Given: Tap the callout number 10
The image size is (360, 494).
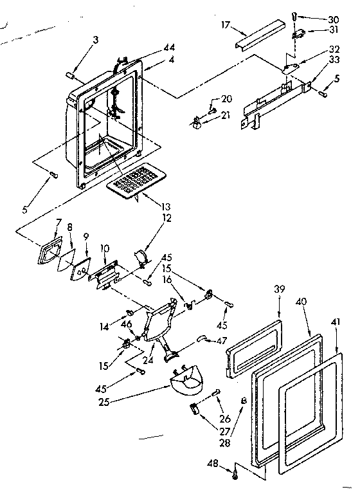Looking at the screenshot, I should click(x=105, y=247).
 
